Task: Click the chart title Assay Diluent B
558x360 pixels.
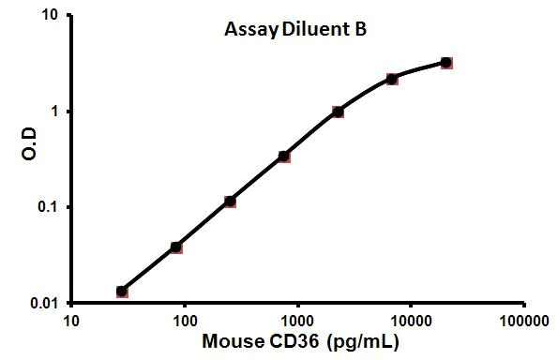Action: [x=294, y=29]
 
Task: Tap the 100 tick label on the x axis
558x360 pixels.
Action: [x=184, y=322]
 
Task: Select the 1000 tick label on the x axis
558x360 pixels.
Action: [x=297, y=322]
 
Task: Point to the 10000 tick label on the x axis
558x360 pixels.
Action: [x=410, y=322]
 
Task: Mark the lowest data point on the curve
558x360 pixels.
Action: [x=122, y=292]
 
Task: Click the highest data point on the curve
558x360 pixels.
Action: [x=446, y=63]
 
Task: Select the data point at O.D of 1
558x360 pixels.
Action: [x=338, y=112]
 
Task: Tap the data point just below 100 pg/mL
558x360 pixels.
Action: [x=176, y=247]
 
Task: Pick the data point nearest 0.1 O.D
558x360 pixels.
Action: [x=230, y=202]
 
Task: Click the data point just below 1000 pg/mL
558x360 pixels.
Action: [x=284, y=156]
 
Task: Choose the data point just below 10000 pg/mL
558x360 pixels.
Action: [x=392, y=79]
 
